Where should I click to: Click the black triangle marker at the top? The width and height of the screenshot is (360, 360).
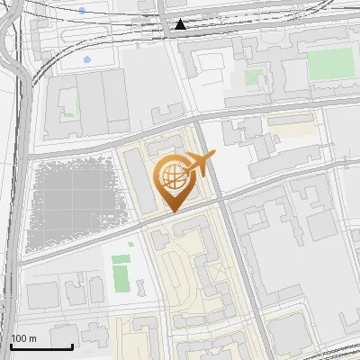pyautogui.click(x=182, y=25)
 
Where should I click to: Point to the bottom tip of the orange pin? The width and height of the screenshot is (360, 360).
pyautogui.click(x=173, y=211)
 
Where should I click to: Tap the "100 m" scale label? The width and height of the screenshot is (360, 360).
pyautogui.click(x=24, y=338)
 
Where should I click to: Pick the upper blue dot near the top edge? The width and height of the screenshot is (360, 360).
pyautogui.click(x=82, y=10)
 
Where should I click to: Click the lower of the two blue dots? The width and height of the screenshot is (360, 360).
pyautogui.click(x=87, y=59)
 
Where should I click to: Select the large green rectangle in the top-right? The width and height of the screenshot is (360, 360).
pyautogui.click(x=330, y=65)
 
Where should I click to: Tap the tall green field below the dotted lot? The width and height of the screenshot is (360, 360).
pyautogui.click(x=121, y=274)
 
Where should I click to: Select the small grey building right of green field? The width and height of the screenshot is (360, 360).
pyautogui.click(x=141, y=287)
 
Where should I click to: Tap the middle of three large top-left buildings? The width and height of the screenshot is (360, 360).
pyautogui.click(x=90, y=100)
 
